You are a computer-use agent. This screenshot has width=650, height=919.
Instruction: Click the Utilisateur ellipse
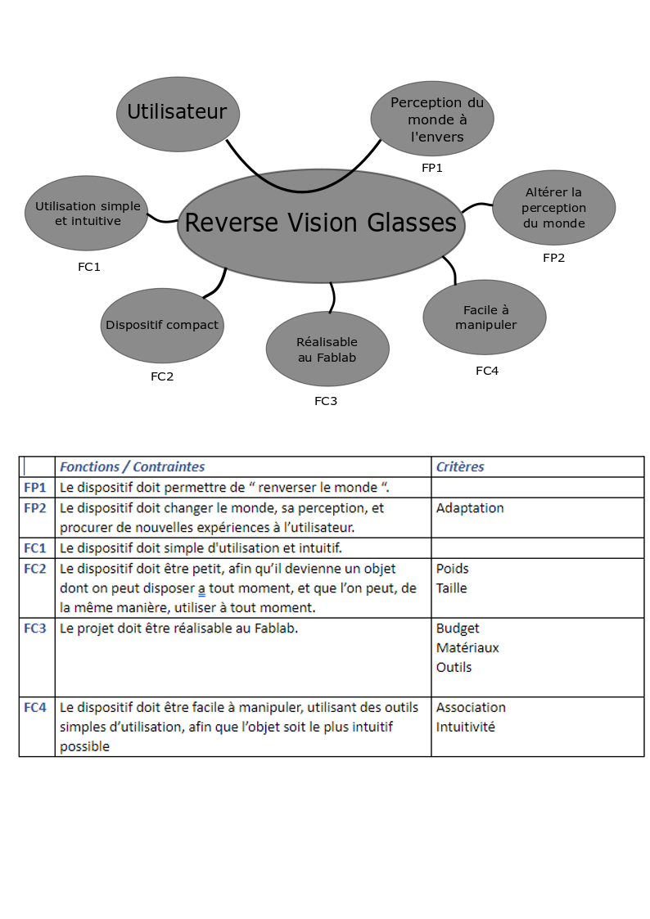point(177,113)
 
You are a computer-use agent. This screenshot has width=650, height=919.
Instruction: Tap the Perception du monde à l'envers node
point(431,119)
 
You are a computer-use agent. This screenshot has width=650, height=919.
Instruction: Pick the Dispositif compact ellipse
point(162,325)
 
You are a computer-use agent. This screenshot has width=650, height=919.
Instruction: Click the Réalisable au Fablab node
point(327,349)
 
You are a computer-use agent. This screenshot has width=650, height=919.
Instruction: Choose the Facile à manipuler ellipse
point(485,318)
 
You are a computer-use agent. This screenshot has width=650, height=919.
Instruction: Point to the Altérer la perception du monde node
point(553,208)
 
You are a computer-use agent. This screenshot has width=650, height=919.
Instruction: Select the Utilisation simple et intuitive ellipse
point(87,214)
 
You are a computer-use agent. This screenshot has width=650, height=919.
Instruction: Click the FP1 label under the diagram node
point(431,168)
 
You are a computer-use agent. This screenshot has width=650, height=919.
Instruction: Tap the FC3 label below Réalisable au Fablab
point(326,401)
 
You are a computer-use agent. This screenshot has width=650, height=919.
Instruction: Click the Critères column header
point(460,467)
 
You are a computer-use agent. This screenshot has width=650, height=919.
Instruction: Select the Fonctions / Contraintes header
point(133,467)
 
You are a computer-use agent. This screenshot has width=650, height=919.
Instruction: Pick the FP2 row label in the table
point(35,507)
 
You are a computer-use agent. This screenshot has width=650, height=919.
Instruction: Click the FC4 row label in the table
point(35,707)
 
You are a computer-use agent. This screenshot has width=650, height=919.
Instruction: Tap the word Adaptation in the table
point(470,507)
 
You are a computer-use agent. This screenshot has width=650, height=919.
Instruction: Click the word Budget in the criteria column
point(458,628)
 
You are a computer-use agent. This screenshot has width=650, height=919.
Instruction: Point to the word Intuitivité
point(465,727)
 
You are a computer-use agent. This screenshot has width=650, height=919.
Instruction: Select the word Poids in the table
point(453,568)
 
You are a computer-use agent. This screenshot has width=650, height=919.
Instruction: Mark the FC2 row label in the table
point(35,568)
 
